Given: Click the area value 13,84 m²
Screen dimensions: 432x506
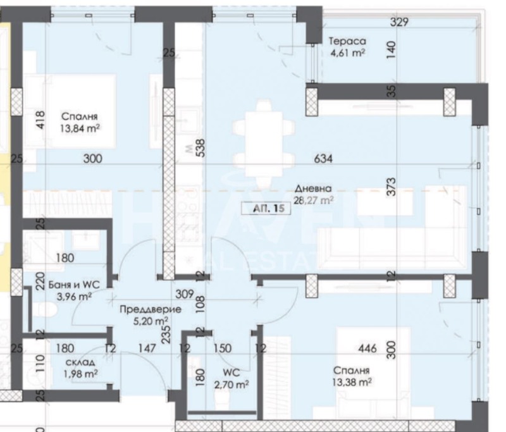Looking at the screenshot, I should tap(82, 127).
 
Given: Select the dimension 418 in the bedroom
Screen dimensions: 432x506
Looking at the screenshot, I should tap(42, 121).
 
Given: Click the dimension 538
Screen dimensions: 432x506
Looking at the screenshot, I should tap(199, 148).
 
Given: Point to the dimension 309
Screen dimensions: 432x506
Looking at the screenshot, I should tap(184, 293).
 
